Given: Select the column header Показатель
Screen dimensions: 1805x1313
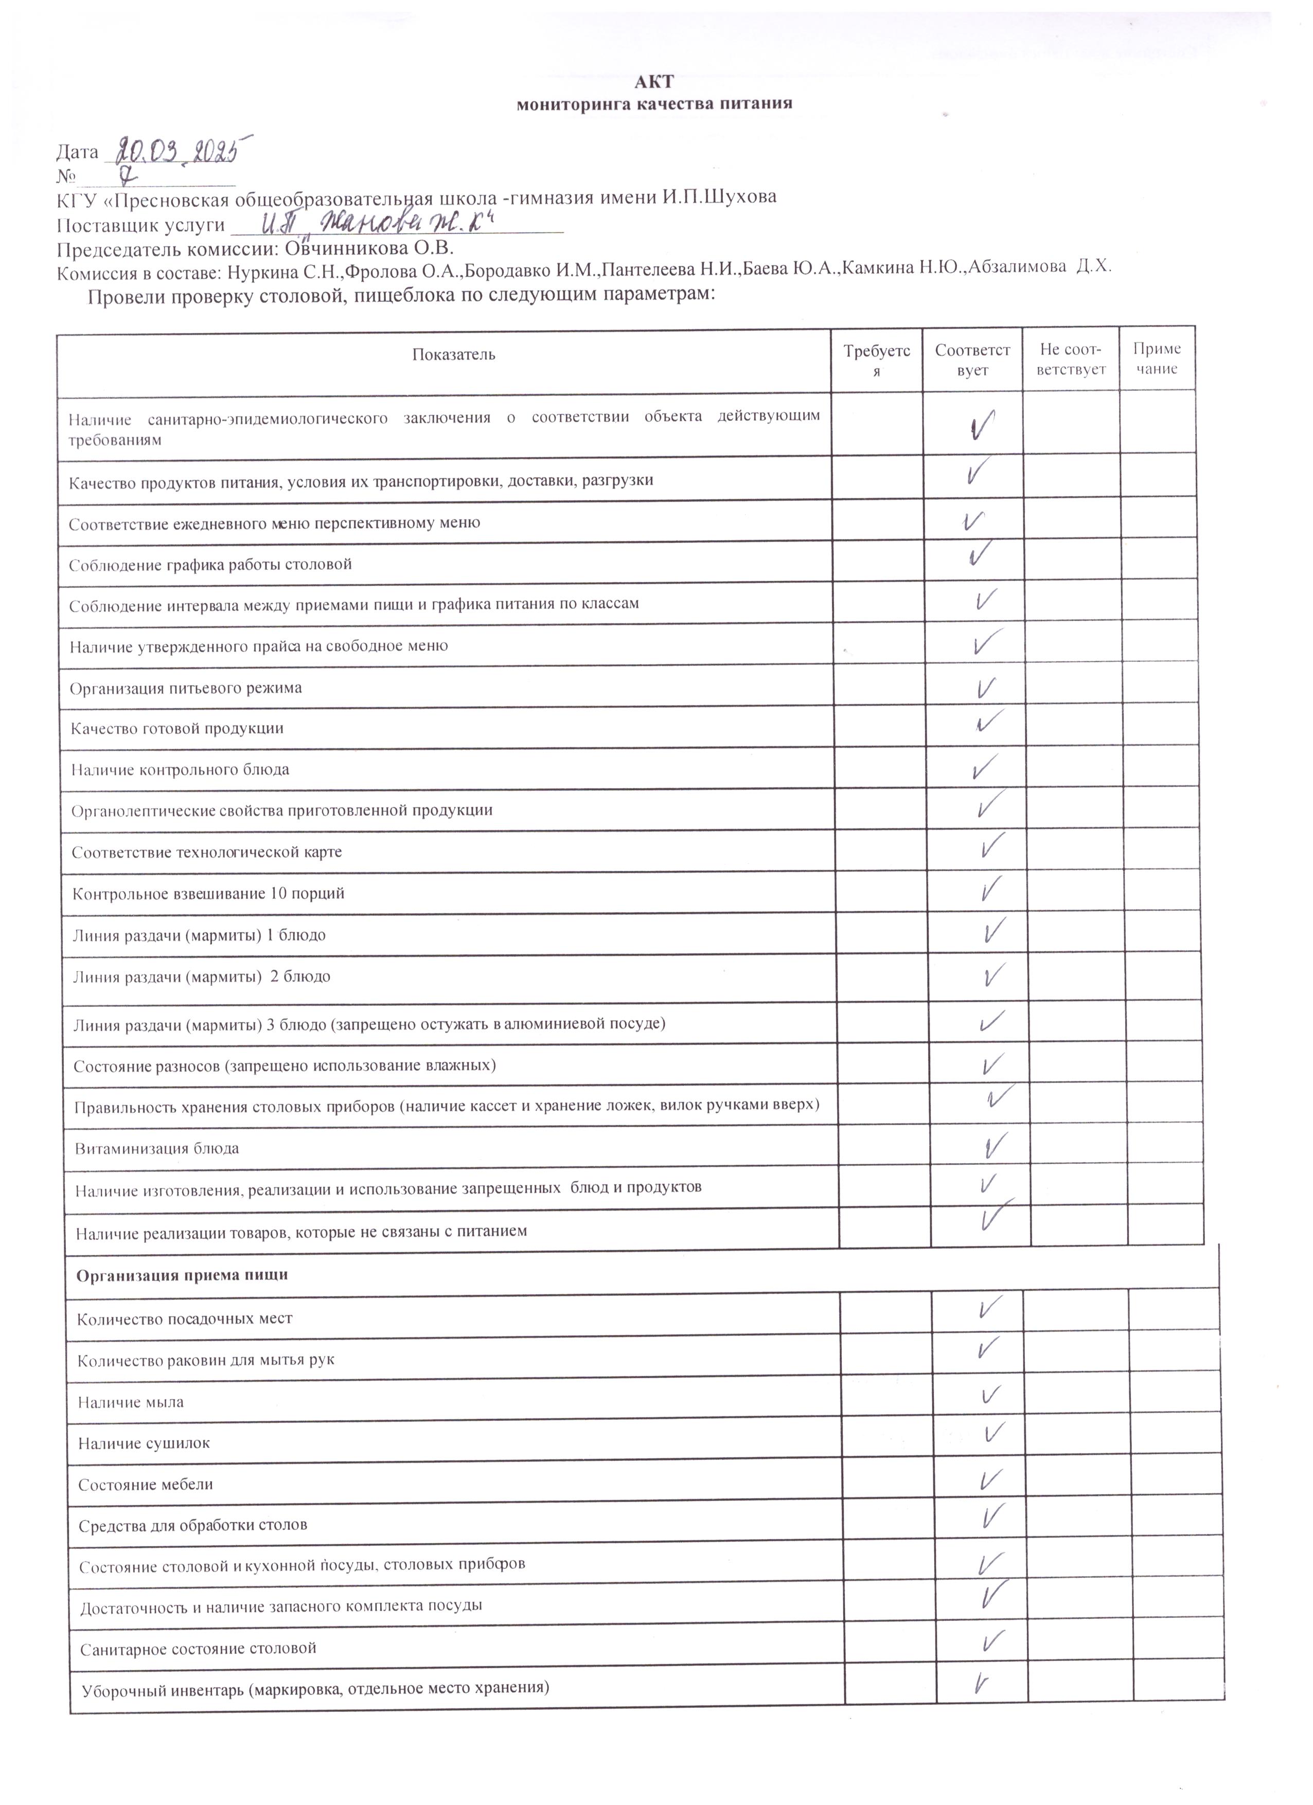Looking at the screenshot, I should pos(453,355).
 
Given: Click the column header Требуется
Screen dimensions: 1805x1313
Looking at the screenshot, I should pos(877,360).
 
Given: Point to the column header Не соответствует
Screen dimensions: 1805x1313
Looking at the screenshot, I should pos(1071,360).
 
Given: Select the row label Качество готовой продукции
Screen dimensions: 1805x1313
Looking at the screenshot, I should pos(177,729).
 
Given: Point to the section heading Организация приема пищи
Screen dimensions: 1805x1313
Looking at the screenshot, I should pos(182,1275).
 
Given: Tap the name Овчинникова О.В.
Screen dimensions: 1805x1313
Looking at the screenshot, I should pos(369,247).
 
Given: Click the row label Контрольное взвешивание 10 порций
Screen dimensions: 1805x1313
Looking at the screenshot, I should pos(208,894).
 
